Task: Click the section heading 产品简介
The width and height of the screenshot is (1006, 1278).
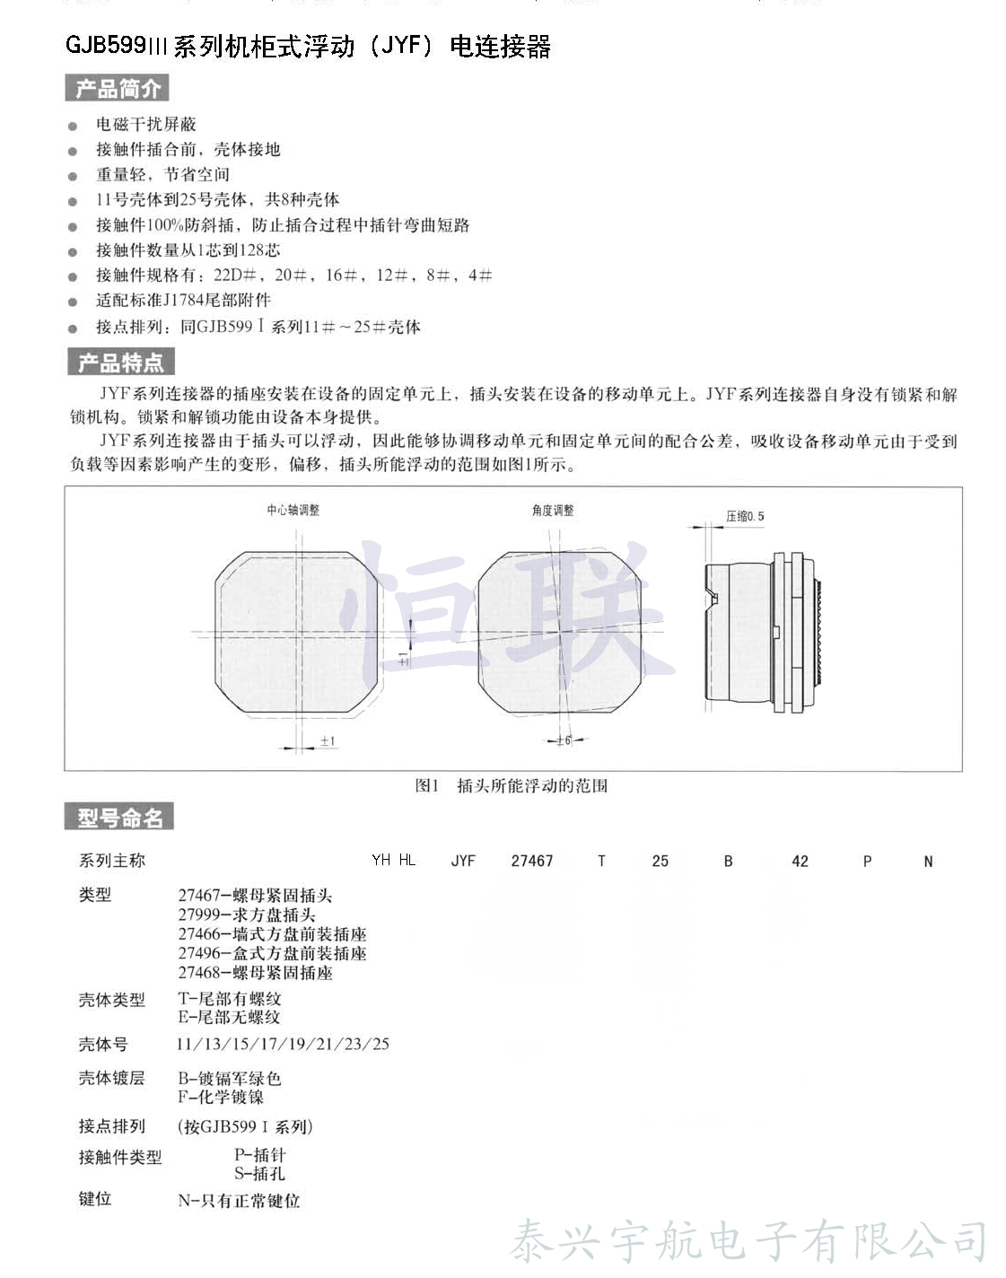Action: point(117,88)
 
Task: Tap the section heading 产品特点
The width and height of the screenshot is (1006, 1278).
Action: point(120,363)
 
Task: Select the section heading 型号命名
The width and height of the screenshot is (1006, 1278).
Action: point(119,818)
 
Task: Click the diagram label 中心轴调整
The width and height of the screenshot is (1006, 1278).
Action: point(293,510)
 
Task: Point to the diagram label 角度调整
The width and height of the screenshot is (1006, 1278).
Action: point(552,510)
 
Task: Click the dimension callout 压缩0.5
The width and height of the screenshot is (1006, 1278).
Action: point(745,516)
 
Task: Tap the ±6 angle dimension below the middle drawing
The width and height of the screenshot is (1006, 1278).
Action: point(564,740)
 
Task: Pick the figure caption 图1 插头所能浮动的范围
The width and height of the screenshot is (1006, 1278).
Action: point(511,785)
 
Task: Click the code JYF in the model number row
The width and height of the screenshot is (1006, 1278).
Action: point(463,861)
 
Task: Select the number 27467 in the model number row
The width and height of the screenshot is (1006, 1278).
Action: point(531,861)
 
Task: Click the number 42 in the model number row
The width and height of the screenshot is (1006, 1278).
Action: point(800,861)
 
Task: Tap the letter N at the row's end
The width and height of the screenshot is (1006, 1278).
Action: point(928,861)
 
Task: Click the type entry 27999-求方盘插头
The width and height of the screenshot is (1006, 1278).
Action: point(247,915)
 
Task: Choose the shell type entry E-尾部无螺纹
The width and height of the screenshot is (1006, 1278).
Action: point(229,1017)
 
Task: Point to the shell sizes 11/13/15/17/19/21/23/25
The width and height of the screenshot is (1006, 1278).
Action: point(283,1044)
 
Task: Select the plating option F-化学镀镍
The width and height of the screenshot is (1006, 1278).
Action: point(221,1097)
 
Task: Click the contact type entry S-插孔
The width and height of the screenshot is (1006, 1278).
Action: point(259,1173)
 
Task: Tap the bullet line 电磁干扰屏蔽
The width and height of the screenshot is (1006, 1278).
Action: point(145,124)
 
